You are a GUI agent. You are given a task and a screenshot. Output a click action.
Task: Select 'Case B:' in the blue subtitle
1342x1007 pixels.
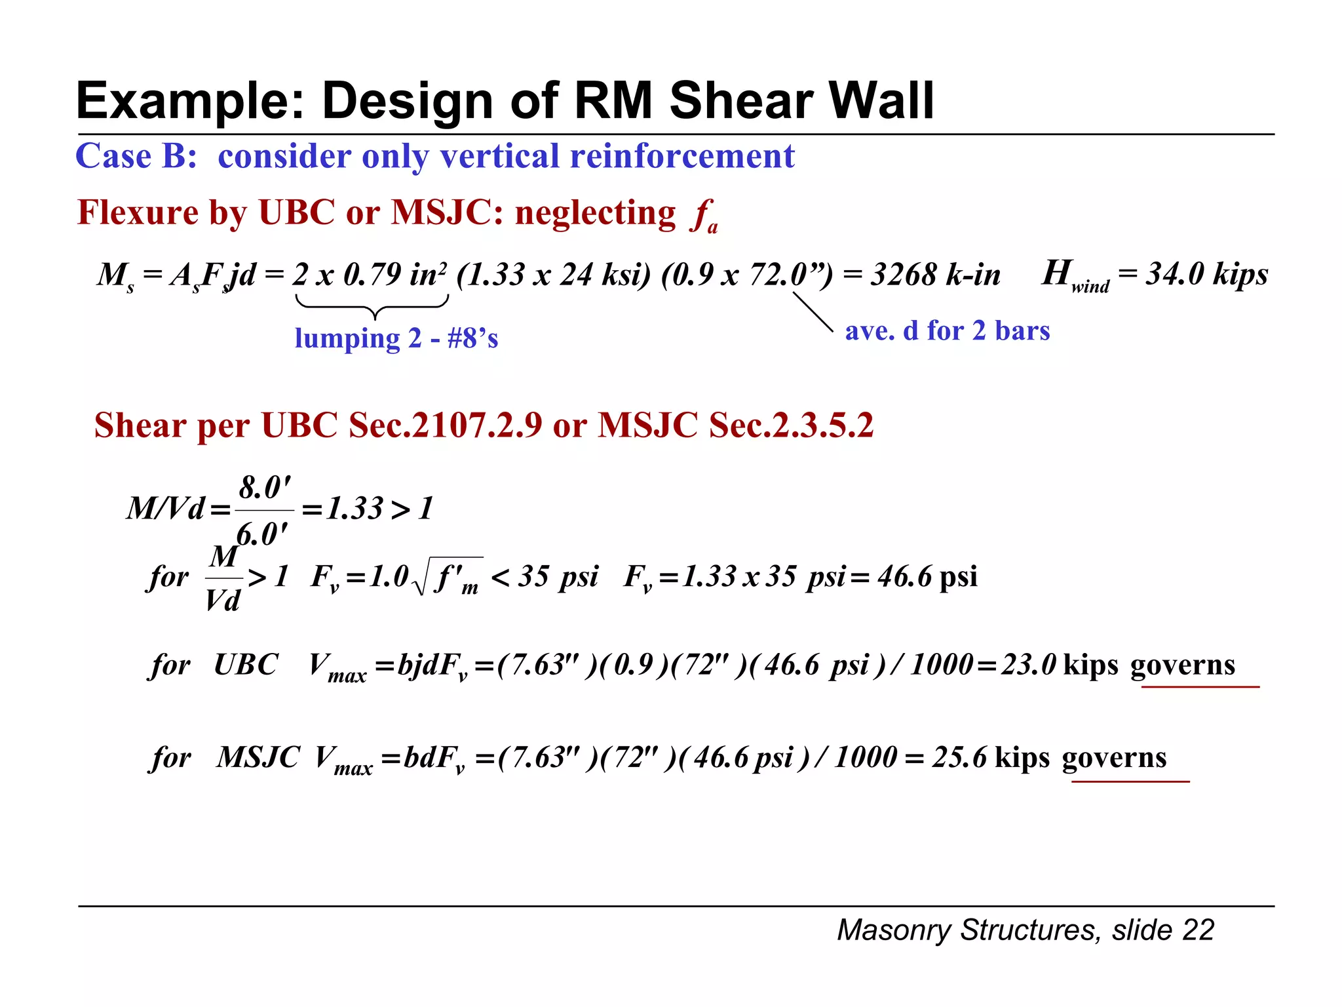(136, 157)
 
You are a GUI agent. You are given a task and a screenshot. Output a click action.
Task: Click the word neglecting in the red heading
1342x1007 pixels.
(595, 213)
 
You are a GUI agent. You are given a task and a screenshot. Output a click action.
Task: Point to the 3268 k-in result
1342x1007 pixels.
(935, 275)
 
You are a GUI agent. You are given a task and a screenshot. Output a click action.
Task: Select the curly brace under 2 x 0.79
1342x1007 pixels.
(372, 306)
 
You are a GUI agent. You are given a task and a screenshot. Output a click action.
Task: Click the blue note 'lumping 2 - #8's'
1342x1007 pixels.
(396, 338)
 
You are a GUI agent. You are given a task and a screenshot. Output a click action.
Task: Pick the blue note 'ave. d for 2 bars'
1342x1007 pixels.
(947, 330)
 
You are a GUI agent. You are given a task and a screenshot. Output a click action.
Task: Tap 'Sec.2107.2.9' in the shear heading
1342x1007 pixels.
(446, 425)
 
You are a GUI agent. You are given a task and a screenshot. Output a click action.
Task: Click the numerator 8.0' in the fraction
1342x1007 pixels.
(265, 488)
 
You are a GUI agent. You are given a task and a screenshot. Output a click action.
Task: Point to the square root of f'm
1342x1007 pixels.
(450, 577)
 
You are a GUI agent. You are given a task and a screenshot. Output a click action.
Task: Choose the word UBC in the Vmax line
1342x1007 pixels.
(246, 665)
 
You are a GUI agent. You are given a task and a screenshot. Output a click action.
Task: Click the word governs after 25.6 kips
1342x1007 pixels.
(1114, 758)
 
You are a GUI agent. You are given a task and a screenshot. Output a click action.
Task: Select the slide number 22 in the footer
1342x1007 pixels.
(1198, 930)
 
